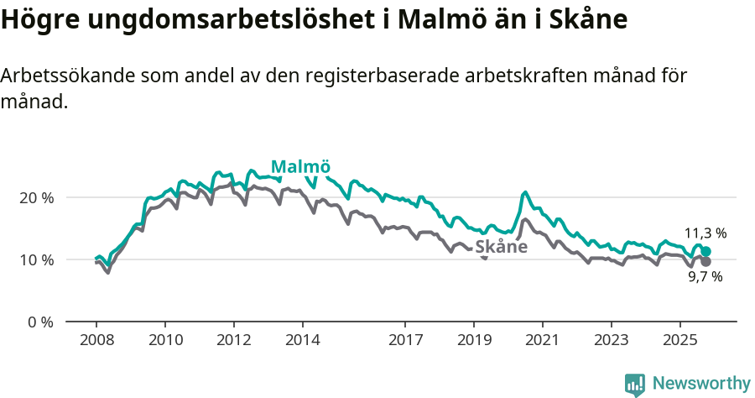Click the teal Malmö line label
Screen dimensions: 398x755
click(300, 165)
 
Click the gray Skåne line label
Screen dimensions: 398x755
click(501, 247)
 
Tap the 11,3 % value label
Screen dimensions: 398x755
click(705, 233)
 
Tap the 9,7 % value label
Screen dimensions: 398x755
click(705, 276)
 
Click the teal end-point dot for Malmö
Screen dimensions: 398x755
click(706, 251)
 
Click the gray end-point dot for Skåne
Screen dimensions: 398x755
click(706, 261)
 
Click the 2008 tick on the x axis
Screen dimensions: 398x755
click(96, 341)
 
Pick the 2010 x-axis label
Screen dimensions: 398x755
click(164, 341)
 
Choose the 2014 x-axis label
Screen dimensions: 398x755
click(302, 341)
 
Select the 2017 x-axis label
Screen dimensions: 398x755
click(405, 341)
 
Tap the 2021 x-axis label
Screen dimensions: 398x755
click(542, 341)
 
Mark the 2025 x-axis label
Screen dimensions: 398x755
click(679, 341)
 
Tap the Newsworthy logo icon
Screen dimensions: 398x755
click(634, 385)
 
